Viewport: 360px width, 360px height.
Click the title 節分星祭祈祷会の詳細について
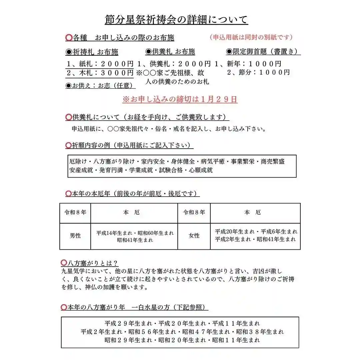[x=176, y=20]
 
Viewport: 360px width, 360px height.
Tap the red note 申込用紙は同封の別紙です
[x=251, y=37]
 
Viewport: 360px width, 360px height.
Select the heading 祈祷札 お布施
[x=92, y=52]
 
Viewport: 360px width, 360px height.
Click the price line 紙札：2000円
[x=100, y=64]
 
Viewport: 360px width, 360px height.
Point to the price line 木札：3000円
[x=100, y=73]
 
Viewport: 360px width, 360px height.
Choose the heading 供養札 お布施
[x=170, y=52]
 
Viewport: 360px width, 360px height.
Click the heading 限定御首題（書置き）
[x=263, y=52]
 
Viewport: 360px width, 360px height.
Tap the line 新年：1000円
[x=248, y=64]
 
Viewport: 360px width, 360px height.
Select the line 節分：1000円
[x=258, y=72]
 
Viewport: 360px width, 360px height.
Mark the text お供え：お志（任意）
[x=100, y=86]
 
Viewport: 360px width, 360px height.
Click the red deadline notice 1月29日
[x=180, y=99]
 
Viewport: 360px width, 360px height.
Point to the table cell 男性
[x=75, y=236]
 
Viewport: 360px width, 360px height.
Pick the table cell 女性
[x=194, y=236]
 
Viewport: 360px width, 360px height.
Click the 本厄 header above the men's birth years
[x=134, y=212]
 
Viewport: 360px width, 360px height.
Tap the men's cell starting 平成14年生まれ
[x=135, y=236]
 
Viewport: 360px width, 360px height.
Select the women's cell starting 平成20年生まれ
[x=256, y=235]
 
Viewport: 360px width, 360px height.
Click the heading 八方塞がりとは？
[x=90, y=264]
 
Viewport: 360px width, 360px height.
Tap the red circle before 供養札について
[x=68, y=117]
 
